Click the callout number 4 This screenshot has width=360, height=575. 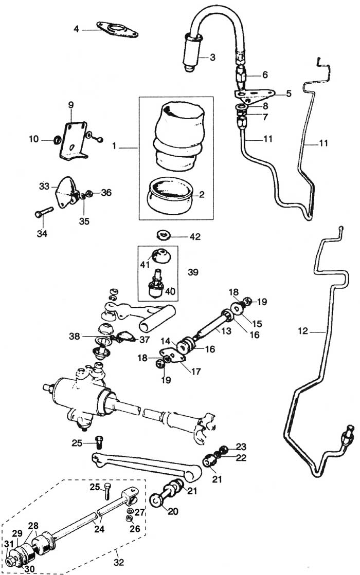tap(76, 29)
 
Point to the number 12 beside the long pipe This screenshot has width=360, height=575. tap(303, 331)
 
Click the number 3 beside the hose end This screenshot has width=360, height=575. tap(212, 57)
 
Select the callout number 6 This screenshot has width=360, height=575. tap(265, 75)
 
